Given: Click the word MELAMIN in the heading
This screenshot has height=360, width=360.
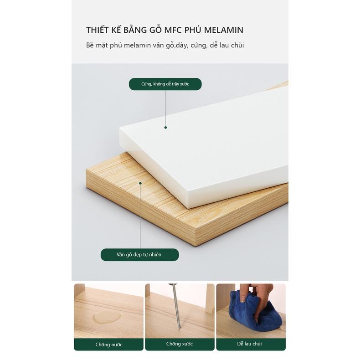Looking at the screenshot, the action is tap(224, 30).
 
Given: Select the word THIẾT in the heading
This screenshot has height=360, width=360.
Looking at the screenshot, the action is tap(98, 30).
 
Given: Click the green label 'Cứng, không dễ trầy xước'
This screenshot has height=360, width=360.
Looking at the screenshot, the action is tap(165, 84).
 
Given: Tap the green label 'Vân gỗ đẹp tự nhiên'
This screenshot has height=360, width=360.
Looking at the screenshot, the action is tap(139, 255).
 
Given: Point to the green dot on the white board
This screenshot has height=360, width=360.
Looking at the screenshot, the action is tap(165, 128).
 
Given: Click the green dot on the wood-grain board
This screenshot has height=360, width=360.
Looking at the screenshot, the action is tap(140, 183).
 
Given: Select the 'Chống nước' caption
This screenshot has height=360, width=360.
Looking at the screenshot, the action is tap(109, 345).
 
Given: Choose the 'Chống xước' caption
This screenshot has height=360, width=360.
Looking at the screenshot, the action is tap(180, 344).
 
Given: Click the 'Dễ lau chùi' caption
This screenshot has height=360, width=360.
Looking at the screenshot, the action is tap(249, 344).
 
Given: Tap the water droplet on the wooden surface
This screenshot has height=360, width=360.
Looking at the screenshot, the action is tap(107, 318).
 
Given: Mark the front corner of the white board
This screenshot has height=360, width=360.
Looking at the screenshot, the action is tap(188, 208).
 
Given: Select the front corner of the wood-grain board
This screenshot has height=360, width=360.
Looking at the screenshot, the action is tap(195, 246).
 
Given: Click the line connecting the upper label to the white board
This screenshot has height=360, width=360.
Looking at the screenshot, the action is tap(165, 108).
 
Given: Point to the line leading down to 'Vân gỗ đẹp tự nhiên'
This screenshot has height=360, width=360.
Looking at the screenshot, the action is tap(140, 216).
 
